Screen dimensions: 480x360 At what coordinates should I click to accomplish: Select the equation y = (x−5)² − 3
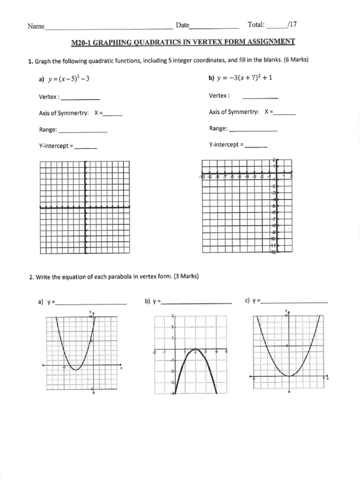(68, 79)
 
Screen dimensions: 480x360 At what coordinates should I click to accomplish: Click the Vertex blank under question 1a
(80, 99)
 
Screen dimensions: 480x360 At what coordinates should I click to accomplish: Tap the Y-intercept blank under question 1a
(86, 148)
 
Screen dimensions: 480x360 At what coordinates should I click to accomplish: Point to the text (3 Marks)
(186, 277)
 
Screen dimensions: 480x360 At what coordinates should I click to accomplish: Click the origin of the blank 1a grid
(85, 207)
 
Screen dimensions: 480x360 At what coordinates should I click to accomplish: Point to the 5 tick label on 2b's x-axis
(226, 351)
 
